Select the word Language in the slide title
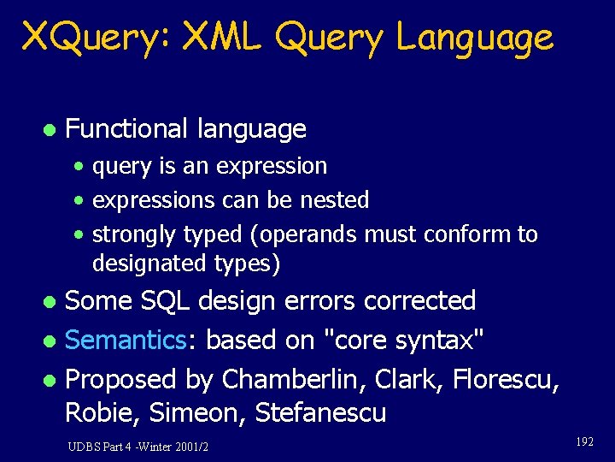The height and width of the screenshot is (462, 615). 475,38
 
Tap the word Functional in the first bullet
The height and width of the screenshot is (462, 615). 126,129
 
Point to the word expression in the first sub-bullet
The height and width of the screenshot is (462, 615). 272,166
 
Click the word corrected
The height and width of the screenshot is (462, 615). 419,301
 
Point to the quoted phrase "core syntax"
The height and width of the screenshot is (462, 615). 402,341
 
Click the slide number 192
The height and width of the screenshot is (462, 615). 584,441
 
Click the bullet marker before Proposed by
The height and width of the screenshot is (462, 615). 50,380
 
